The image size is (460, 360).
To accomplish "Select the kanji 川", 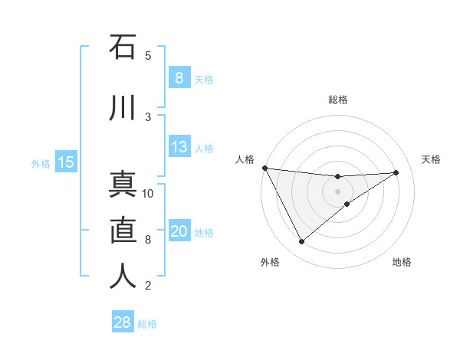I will (x=123, y=107).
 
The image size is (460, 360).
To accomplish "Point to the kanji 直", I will (x=123, y=231).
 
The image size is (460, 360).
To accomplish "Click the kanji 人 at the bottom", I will (x=123, y=277).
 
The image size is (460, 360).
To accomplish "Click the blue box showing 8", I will (x=179, y=77).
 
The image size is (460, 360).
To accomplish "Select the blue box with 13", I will (x=179, y=146).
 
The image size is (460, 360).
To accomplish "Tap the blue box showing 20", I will (x=179, y=231).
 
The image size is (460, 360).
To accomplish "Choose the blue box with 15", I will (x=65, y=162).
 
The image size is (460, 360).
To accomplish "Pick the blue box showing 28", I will (x=122, y=322).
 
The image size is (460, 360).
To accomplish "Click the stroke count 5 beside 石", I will (x=148, y=55).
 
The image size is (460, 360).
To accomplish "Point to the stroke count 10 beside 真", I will (x=148, y=193).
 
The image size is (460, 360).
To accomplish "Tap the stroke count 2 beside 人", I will (x=148, y=286).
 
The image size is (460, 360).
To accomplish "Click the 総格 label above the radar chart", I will (x=338, y=100).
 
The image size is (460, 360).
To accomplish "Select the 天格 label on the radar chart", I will (x=432, y=159).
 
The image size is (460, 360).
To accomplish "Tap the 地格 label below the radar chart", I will (x=402, y=262).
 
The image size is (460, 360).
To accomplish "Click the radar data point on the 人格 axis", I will (x=264, y=168).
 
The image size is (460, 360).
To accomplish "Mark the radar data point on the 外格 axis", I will (x=301, y=242).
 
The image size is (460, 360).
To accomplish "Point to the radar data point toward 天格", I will (x=396, y=172).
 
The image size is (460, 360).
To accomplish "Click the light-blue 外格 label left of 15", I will (x=41, y=163).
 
